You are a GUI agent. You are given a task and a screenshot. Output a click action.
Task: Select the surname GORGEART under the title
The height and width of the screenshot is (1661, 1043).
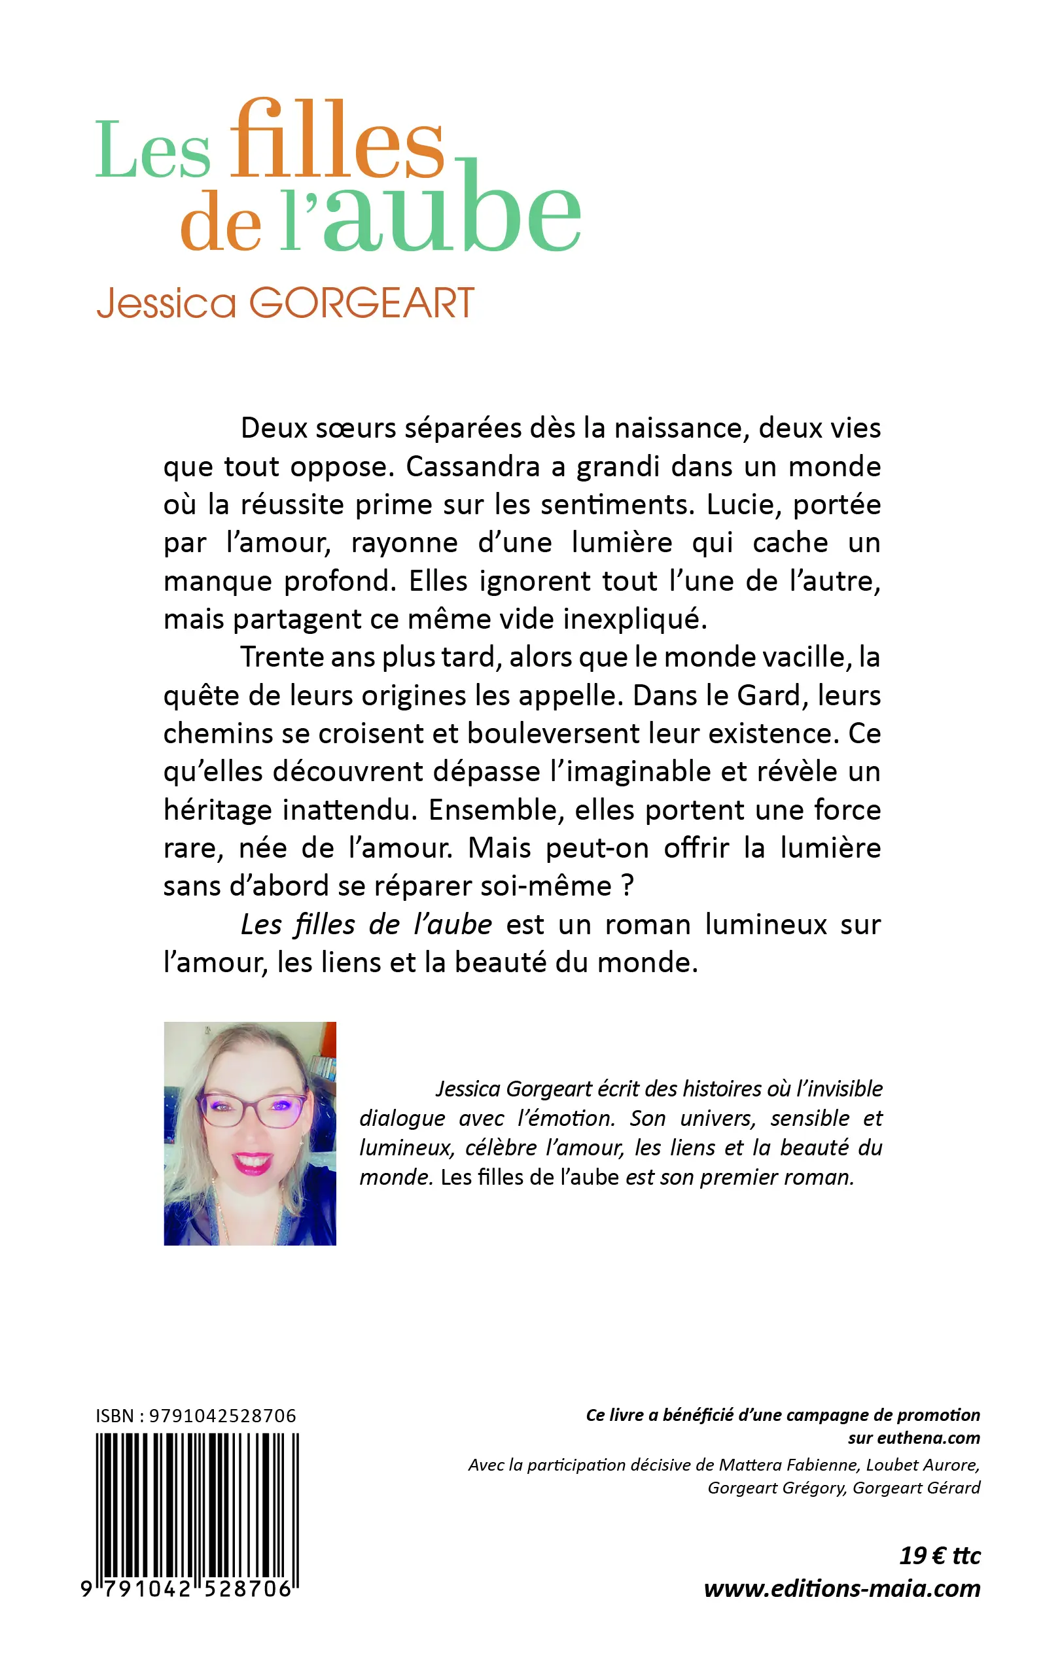361,303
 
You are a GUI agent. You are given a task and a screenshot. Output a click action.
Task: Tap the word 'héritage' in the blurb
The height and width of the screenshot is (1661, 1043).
218,811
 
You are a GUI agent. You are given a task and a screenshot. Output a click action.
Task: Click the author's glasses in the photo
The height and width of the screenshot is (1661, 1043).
253,1111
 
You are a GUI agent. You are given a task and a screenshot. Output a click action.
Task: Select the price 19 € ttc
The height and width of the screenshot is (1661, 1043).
940,1556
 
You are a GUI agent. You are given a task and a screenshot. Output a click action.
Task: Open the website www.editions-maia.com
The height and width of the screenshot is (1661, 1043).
841,1588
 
